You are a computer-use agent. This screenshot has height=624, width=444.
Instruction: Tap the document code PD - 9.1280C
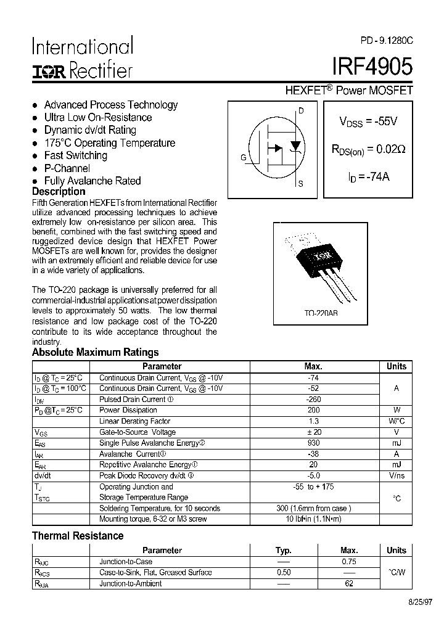coord(387,40)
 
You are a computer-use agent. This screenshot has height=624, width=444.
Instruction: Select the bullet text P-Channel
coord(67,168)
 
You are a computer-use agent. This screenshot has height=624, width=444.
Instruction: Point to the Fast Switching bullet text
coord(75,155)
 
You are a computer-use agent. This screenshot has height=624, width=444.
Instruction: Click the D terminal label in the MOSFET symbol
coord(301,111)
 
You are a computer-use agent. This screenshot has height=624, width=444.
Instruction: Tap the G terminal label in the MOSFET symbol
coord(244,157)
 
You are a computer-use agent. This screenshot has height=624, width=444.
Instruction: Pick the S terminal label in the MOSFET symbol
coord(301,184)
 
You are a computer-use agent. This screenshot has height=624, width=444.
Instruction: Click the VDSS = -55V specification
coord(368,121)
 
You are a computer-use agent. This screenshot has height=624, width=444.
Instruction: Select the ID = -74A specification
coord(368,176)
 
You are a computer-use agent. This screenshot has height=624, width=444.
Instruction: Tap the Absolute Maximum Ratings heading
coord(95,353)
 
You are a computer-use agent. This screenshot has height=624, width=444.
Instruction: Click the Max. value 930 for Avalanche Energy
coord(313,443)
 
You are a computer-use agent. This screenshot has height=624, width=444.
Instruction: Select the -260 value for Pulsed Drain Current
coord(313,400)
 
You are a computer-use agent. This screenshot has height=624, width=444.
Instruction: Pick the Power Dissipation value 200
coord(313,410)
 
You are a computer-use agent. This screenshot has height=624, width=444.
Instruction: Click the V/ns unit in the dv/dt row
coord(397,476)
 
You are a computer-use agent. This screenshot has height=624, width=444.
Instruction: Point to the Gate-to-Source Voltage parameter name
coord(138,432)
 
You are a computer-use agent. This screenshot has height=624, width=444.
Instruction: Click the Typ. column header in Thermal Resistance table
coord(283,550)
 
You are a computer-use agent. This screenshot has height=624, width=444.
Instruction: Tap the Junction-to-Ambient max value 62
coord(349,583)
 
